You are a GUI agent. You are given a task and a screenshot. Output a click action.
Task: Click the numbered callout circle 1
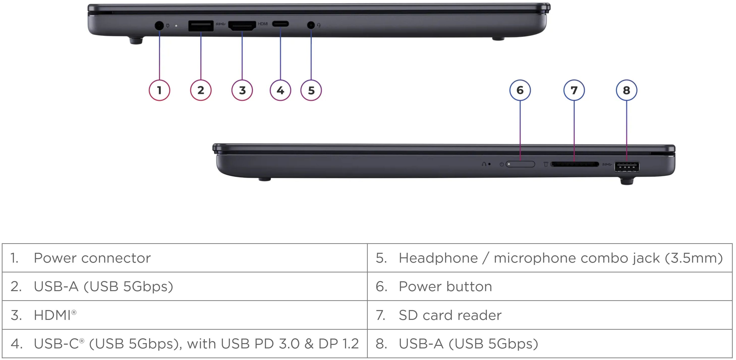(159, 90)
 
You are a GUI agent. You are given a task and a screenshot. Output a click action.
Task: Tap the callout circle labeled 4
(280, 90)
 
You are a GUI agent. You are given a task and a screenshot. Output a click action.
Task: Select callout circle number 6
(520, 90)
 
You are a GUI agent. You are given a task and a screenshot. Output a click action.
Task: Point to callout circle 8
(627, 90)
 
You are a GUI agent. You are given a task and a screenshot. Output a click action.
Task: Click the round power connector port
(159, 26)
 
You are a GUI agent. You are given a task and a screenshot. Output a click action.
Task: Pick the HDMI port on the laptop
(242, 26)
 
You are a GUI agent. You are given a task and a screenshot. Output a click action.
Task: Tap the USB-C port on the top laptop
(280, 24)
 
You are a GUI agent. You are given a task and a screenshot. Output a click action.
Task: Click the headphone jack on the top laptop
(311, 25)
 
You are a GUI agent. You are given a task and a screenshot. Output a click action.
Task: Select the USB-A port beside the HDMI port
(201, 26)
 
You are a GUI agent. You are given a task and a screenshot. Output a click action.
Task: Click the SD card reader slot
(575, 164)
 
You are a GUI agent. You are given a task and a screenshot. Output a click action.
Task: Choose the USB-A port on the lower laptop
(627, 167)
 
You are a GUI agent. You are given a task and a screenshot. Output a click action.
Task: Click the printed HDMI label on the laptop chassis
(263, 24)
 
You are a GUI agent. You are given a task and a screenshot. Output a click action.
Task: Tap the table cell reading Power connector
(185, 258)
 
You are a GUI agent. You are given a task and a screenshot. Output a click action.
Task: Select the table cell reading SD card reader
(550, 315)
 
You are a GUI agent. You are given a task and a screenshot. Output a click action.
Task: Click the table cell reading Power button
(550, 287)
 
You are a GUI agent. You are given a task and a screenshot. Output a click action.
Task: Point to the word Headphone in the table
(438, 258)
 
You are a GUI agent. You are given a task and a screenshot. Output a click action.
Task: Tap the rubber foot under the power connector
(136, 41)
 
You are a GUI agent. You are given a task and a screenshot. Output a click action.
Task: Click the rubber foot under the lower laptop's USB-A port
(627, 181)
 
